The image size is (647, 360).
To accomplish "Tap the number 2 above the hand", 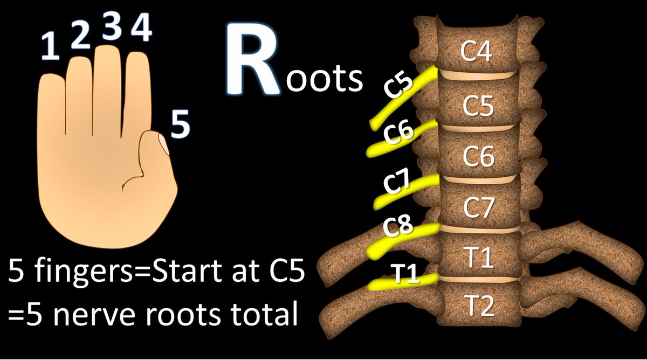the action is [80, 37].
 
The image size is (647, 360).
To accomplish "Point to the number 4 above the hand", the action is [141, 30].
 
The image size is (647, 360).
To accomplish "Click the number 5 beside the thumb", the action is [180, 125].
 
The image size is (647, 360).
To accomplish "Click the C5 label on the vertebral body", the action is [478, 107].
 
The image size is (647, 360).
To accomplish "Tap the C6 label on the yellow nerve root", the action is [398, 134].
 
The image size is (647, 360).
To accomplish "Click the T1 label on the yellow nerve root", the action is [403, 274].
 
